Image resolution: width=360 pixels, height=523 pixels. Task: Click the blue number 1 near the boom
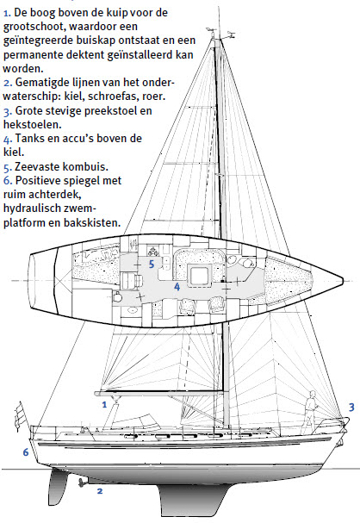(x=104, y=405)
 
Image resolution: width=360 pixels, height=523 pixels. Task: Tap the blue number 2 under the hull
(x=100, y=491)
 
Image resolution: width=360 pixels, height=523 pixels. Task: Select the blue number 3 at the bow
(x=351, y=408)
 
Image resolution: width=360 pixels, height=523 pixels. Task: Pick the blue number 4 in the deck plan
(x=177, y=287)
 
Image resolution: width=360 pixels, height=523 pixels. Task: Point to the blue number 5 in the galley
(x=152, y=265)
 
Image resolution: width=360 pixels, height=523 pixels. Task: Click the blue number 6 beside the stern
(x=26, y=452)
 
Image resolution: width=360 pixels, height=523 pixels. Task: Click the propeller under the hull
(x=81, y=483)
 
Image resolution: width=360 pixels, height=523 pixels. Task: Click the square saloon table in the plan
(x=199, y=276)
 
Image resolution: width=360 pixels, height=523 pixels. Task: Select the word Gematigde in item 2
(x=42, y=83)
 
